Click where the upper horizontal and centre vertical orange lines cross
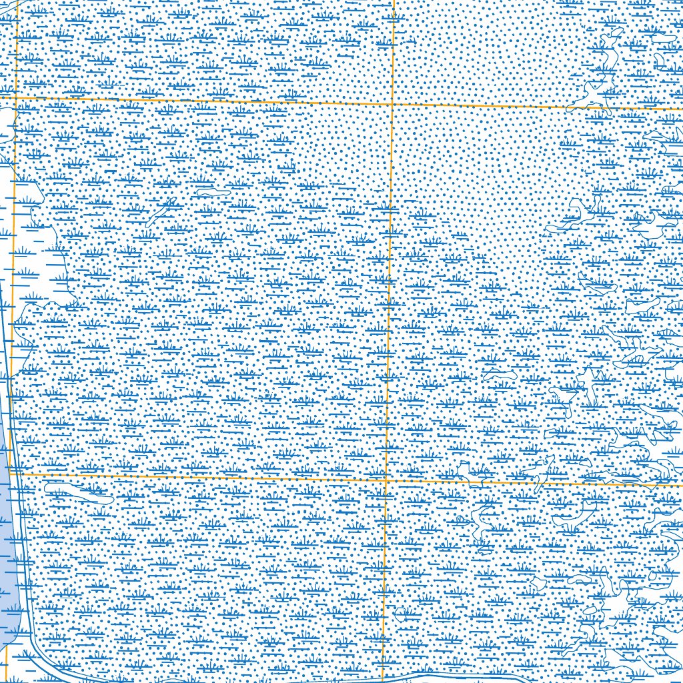(392, 103)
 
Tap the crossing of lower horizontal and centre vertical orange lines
(386, 479)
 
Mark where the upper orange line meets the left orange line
(16, 97)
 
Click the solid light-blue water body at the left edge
(5, 520)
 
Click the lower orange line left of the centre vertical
(200, 476)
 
